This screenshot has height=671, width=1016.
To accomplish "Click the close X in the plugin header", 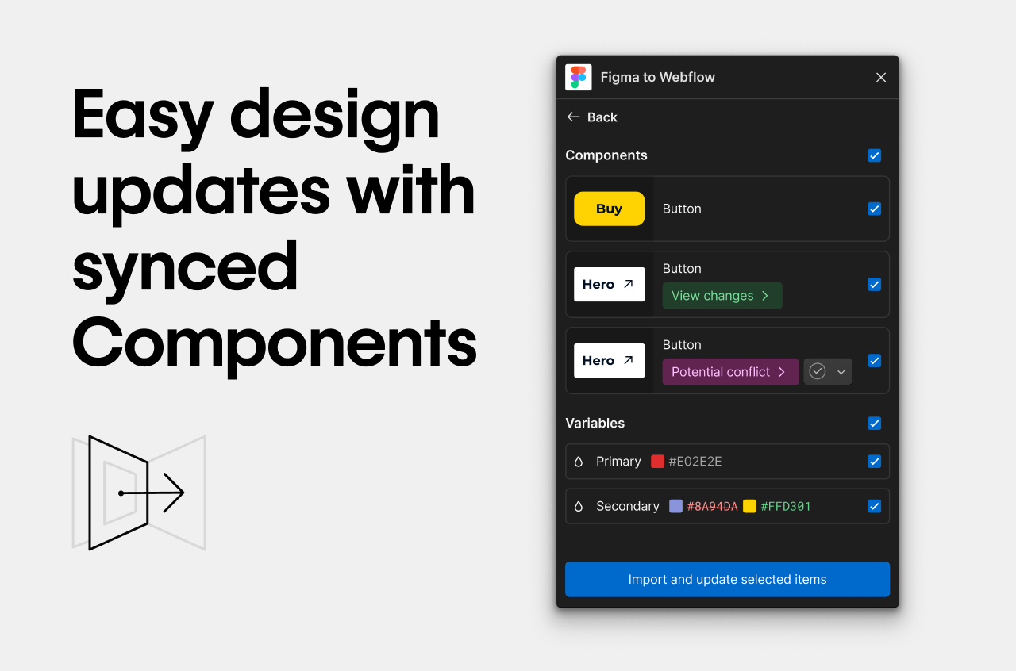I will [x=880, y=77].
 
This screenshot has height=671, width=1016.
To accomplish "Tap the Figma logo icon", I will [x=579, y=77].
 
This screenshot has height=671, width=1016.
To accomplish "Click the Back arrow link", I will [x=591, y=117].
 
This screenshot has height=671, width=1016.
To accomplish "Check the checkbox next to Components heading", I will [x=874, y=155].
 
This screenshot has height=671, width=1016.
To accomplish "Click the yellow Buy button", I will [x=609, y=209].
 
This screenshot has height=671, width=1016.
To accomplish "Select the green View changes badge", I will [x=722, y=296].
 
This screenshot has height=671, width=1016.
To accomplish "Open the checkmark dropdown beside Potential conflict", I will [x=828, y=372].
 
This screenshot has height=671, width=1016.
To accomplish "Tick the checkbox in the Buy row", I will [x=874, y=209].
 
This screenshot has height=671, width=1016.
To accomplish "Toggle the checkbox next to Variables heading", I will [x=874, y=424].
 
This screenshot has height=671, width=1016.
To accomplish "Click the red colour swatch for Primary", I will [x=657, y=462].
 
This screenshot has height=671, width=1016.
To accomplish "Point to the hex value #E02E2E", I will [x=695, y=462].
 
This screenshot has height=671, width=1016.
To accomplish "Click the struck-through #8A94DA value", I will [x=712, y=506].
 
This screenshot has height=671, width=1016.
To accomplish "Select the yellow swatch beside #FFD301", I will [x=749, y=506].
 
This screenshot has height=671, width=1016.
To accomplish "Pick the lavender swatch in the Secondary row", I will [x=675, y=506].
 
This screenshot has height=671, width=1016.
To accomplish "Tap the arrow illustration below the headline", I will [x=139, y=493].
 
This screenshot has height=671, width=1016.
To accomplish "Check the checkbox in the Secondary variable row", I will [x=874, y=506].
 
